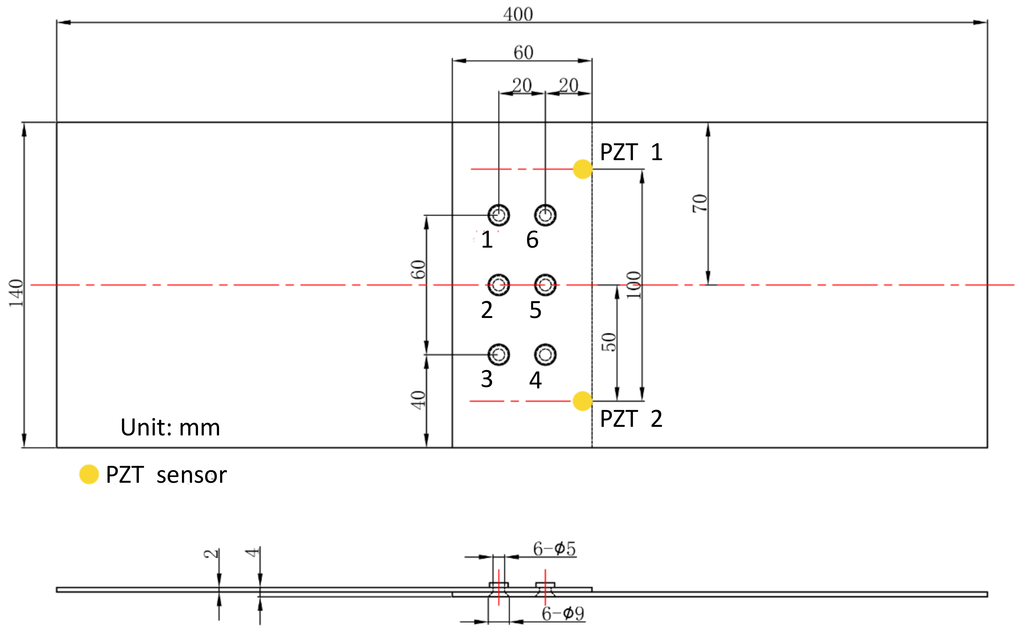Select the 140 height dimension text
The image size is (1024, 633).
[16, 293]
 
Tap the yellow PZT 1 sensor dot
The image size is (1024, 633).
[582, 169]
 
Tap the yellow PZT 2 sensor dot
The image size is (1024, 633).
[582, 401]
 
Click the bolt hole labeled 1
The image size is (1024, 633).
[499, 215]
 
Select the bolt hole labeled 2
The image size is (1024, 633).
[499, 285]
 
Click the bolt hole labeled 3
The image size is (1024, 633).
[499, 354]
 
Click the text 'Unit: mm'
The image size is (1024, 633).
[170, 427]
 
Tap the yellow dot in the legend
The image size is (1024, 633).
[89, 474]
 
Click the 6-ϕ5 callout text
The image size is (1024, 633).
[554, 548]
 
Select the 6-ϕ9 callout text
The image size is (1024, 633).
[562, 614]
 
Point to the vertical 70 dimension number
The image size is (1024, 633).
[699, 204]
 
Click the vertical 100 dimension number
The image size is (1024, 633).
[634, 285]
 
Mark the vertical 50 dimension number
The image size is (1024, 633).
[609, 342]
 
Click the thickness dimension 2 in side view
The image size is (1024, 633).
[211, 553]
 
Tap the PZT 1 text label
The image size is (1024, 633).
[631, 152]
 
